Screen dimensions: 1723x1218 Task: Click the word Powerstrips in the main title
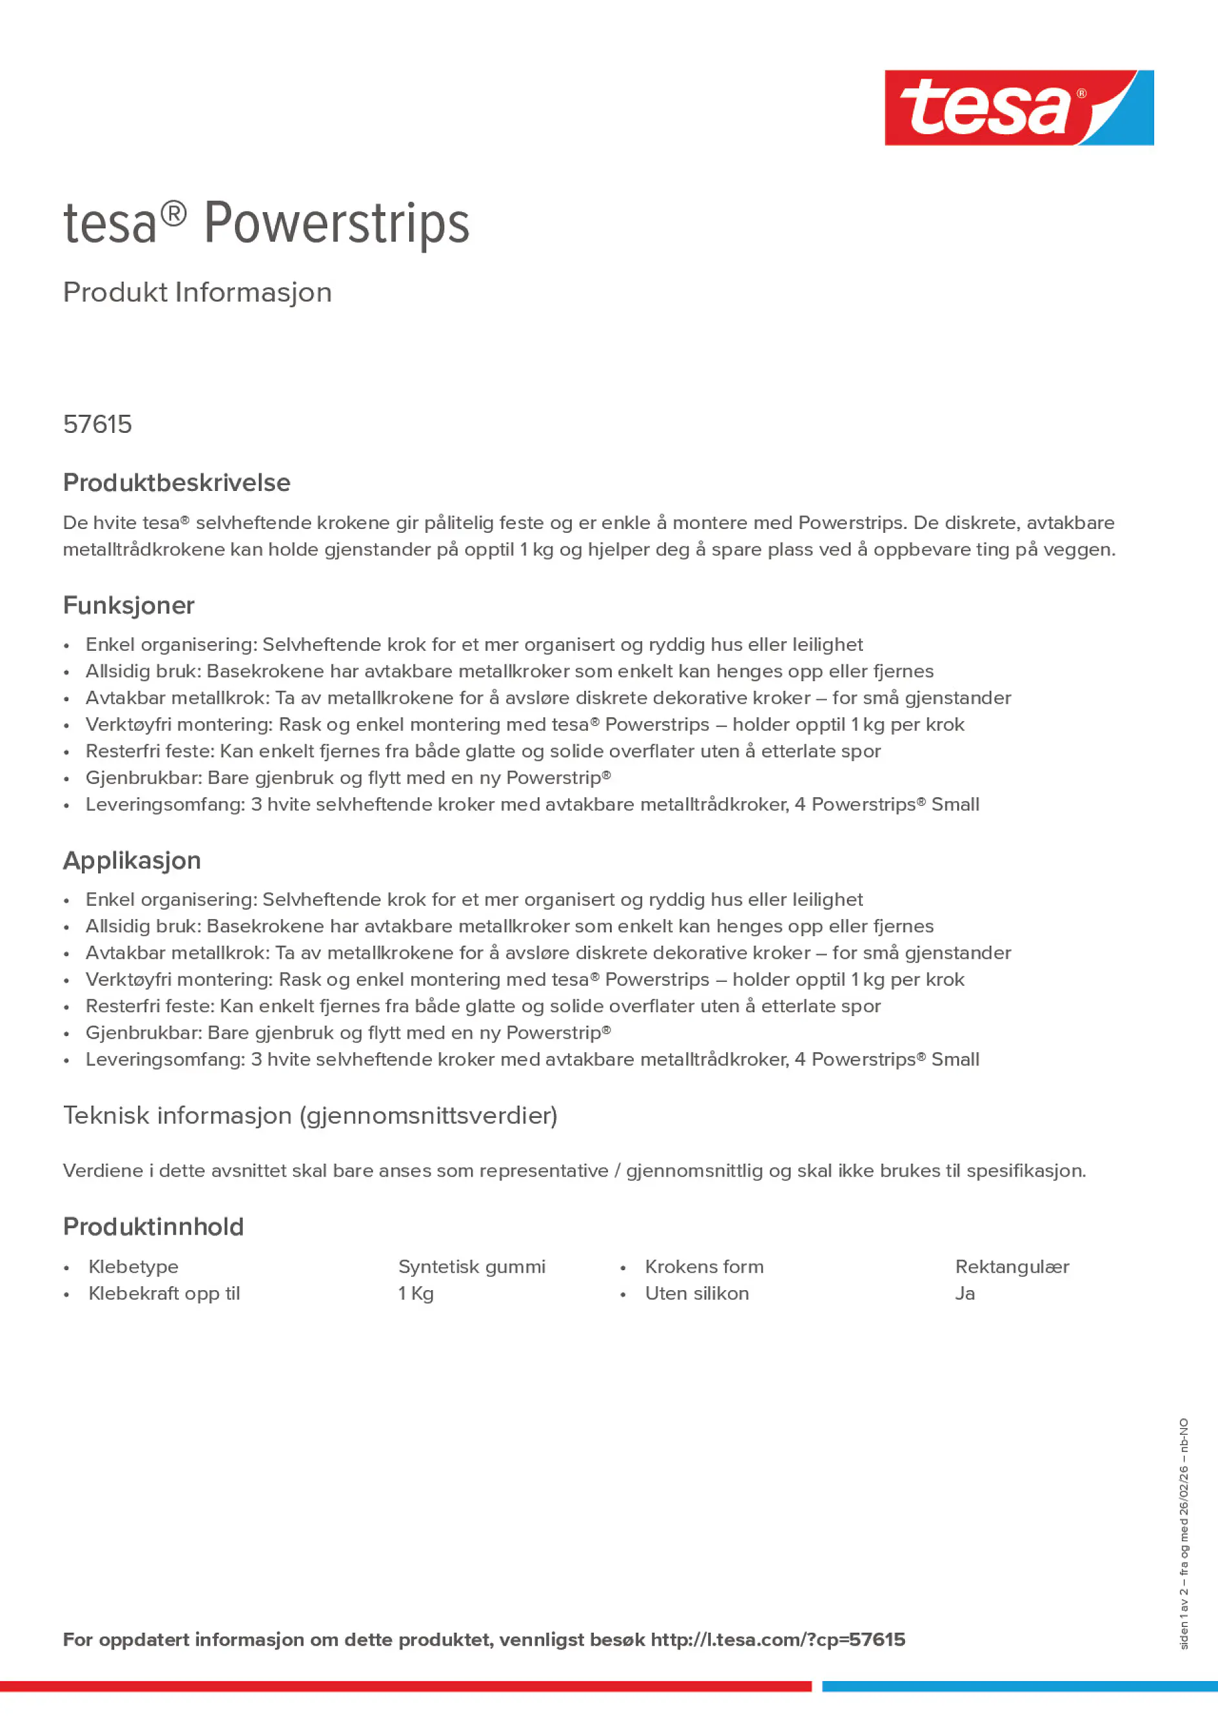click(x=336, y=223)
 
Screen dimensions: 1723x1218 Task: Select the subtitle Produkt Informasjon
click(x=197, y=292)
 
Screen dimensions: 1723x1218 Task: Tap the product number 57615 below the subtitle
click(x=97, y=424)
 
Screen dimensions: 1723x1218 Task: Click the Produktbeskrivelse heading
click(x=176, y=483)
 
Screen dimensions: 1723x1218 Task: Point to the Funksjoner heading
click(x=128, y=605)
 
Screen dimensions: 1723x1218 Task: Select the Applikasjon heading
click(x=132, y=860)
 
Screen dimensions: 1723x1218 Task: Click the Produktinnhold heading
click(x=153, y=1226)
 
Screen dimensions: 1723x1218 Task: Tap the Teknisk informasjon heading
click(x=310, y=1115)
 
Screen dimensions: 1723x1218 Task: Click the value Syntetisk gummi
click(x=472, y=1267)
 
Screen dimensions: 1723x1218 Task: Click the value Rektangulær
click(x=1011, y=1267)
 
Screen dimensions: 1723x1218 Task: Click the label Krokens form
click(x=704, y=1267)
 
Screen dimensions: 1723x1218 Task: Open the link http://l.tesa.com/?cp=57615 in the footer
click(x=777, y=1640)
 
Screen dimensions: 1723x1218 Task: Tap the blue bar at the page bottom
click(x=1019, y=1686)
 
